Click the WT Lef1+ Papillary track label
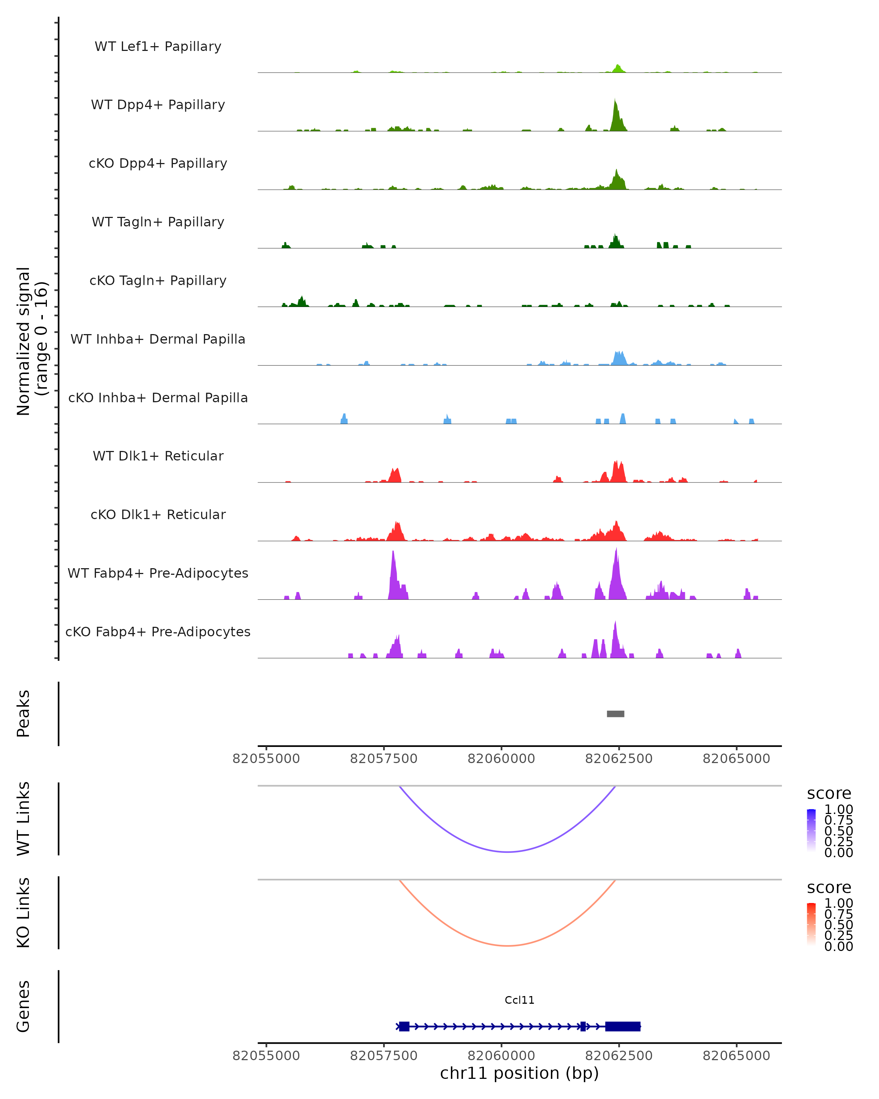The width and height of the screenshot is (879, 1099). point(158,47)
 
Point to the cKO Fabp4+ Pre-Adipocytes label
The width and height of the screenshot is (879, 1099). point(158,632)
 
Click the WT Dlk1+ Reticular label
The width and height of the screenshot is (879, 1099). point(158,456)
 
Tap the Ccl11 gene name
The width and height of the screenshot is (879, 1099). point(519,1000)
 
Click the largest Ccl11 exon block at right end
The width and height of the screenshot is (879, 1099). point(622,1026)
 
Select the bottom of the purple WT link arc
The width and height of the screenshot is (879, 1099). point(508,852)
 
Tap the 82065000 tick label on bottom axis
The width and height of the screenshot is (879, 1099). point(736,1056)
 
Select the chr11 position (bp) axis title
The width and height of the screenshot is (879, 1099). point(519,1073)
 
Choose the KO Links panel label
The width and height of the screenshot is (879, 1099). point(23,913)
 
